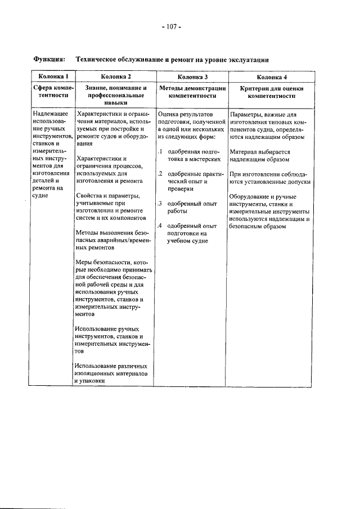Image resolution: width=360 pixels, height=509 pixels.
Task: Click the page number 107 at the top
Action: pyautogui.click(x=172, y=26)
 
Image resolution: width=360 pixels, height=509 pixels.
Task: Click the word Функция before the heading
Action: pyautogui.click(x=49, y=59)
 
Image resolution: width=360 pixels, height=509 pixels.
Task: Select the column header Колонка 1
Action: pyautogui.click(x=51, y=76)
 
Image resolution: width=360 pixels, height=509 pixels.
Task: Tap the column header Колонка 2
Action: pyautogui.click(x=116, y=76)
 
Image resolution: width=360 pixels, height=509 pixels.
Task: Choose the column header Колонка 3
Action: pyautogui.click(x=192, y=76)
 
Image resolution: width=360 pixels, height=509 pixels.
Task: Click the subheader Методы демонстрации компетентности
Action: pyautogui.click(x=192, y=92)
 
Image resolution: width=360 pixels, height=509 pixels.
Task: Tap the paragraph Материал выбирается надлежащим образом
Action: pyautogui.click(x=260, y=155)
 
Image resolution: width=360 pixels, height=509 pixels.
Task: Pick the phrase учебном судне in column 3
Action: pyautogui.click(x=187, y=241)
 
